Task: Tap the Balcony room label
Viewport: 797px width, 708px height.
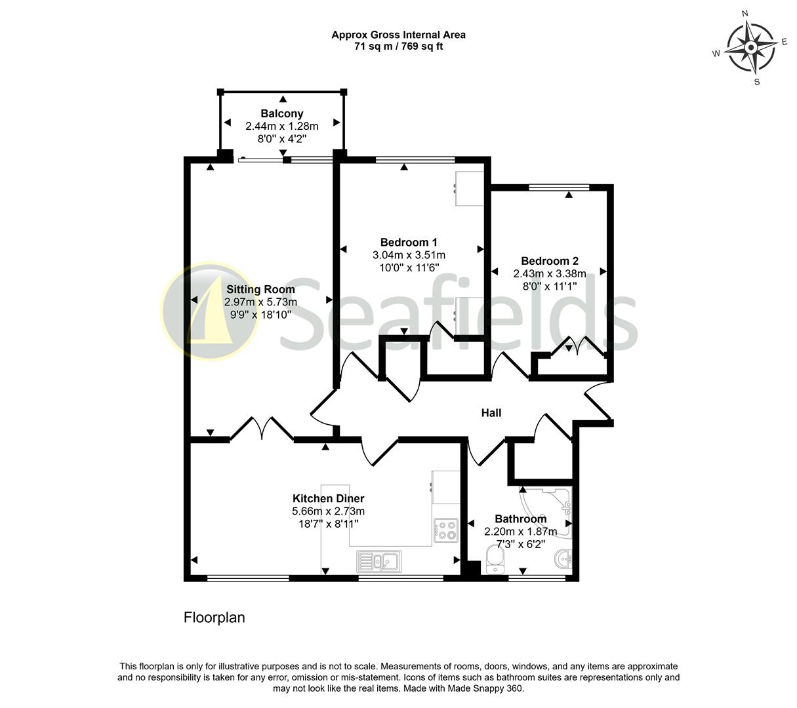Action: coord(281,113)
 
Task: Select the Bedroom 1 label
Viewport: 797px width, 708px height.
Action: coord(409,242)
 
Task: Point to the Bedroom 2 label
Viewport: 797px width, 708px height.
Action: coord(550,261)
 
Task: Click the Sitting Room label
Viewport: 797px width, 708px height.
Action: coord(260,289)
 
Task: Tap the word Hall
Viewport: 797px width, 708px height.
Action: coord(491,412)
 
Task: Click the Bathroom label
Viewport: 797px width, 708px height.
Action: coord(520,519)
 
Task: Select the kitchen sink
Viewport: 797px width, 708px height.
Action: coord(379,562)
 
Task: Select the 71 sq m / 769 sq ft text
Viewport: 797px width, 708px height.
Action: coord(398,47)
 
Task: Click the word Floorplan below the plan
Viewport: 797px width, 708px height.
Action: coord(215,618)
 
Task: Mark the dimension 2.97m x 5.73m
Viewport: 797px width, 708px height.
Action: coord(260,302)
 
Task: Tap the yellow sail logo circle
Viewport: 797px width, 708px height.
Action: coord(210,311)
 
